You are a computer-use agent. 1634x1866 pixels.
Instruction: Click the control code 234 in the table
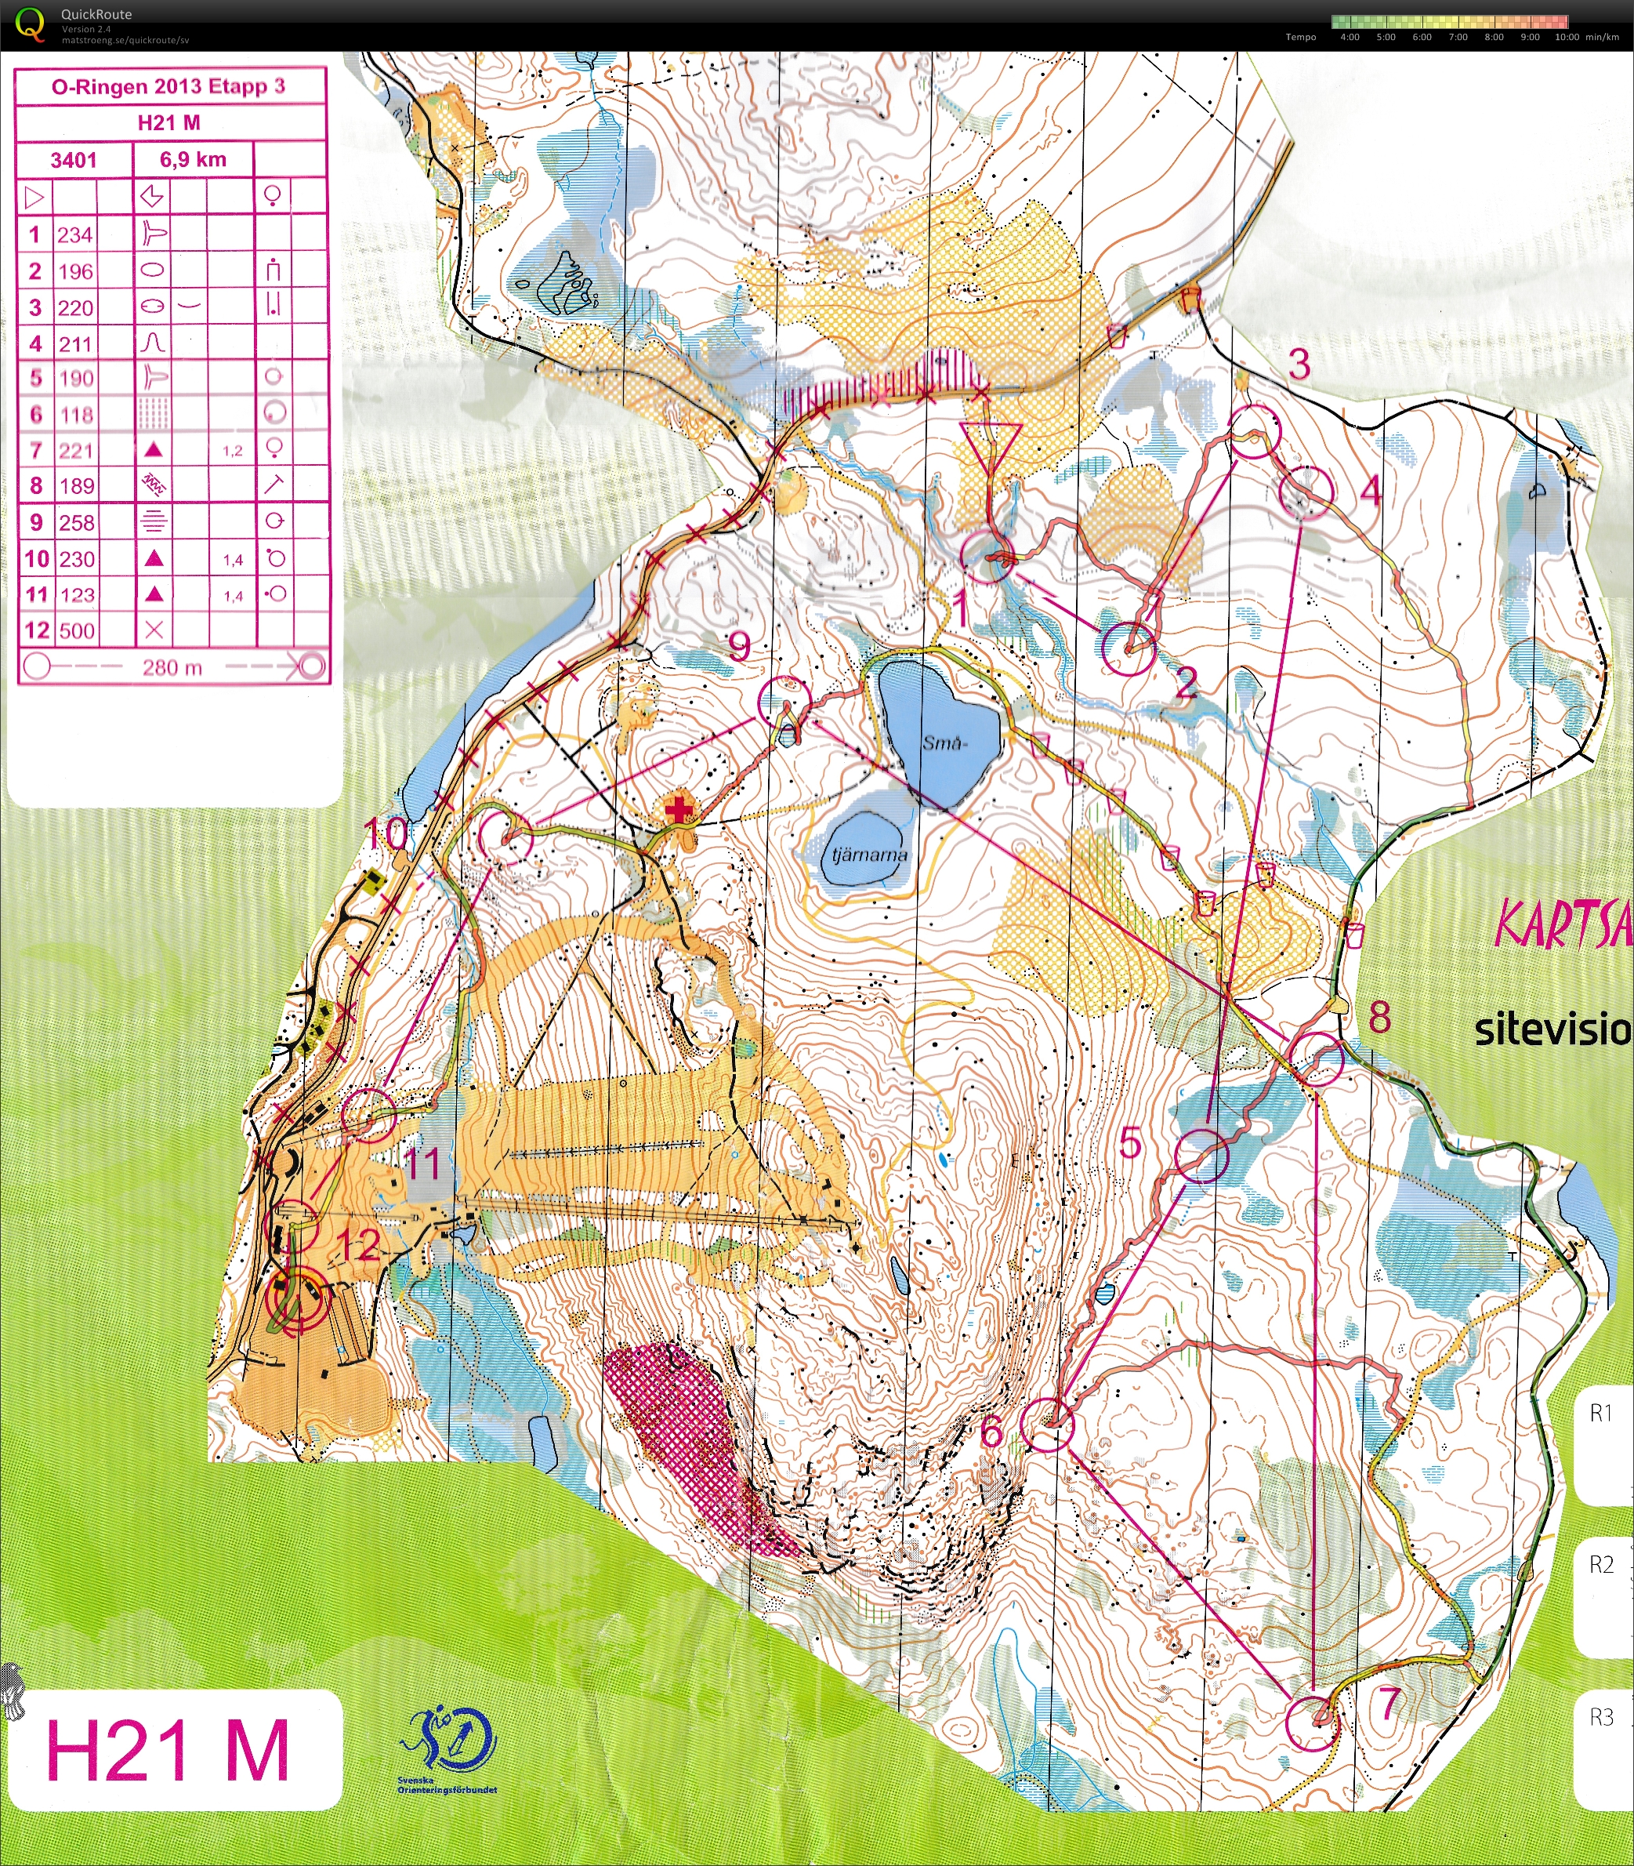[74, 234]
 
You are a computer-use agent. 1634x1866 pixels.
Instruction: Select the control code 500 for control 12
[77, 631]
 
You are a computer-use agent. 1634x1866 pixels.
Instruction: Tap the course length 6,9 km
[192, 160]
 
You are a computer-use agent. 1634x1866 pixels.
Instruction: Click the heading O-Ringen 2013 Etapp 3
[168, 87]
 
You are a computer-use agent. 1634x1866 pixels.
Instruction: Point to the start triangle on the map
[991, 443]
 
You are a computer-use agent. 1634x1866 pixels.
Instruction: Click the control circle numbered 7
[1312, 1723]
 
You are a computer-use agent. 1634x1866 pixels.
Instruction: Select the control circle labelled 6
[1047, 1425]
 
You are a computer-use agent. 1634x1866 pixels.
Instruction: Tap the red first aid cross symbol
[677, 810]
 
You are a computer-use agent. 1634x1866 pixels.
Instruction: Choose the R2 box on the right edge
[1602, 1565]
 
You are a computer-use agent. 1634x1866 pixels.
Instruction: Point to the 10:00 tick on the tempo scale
[1567, 38]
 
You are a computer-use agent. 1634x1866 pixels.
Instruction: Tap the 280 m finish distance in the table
[172, 667]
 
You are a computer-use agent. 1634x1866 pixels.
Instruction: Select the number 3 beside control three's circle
[1299, 365]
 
